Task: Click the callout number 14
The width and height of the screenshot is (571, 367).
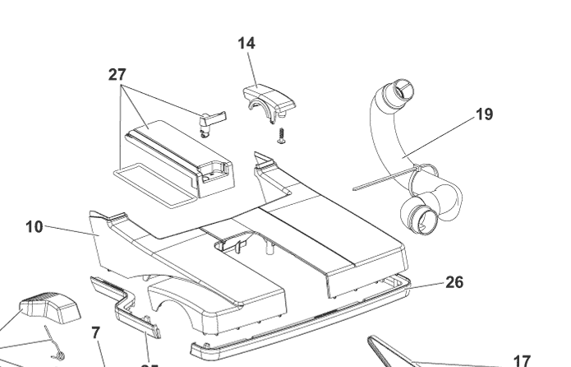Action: [x=246, y=44]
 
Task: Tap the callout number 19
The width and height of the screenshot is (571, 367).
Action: [x=485, y=114]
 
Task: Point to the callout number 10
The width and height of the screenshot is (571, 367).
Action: [x=34, y=226]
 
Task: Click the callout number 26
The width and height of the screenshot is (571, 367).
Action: [x=454, y=282]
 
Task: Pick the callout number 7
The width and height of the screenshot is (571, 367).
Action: [x=96, y=333]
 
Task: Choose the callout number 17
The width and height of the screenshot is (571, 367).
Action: [x=522, y=360]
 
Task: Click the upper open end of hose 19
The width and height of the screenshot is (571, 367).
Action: [x=400, y=91]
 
